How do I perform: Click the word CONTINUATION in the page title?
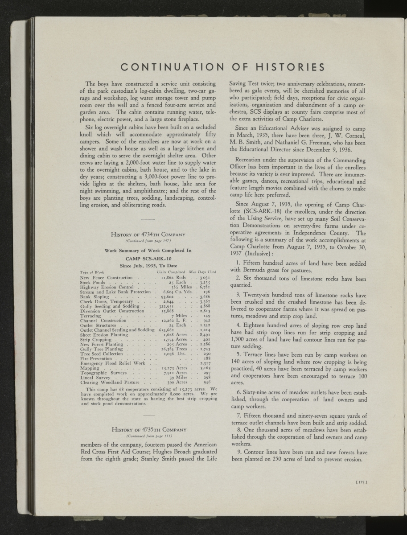coord(172,68)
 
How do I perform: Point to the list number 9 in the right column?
coord(239,452)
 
